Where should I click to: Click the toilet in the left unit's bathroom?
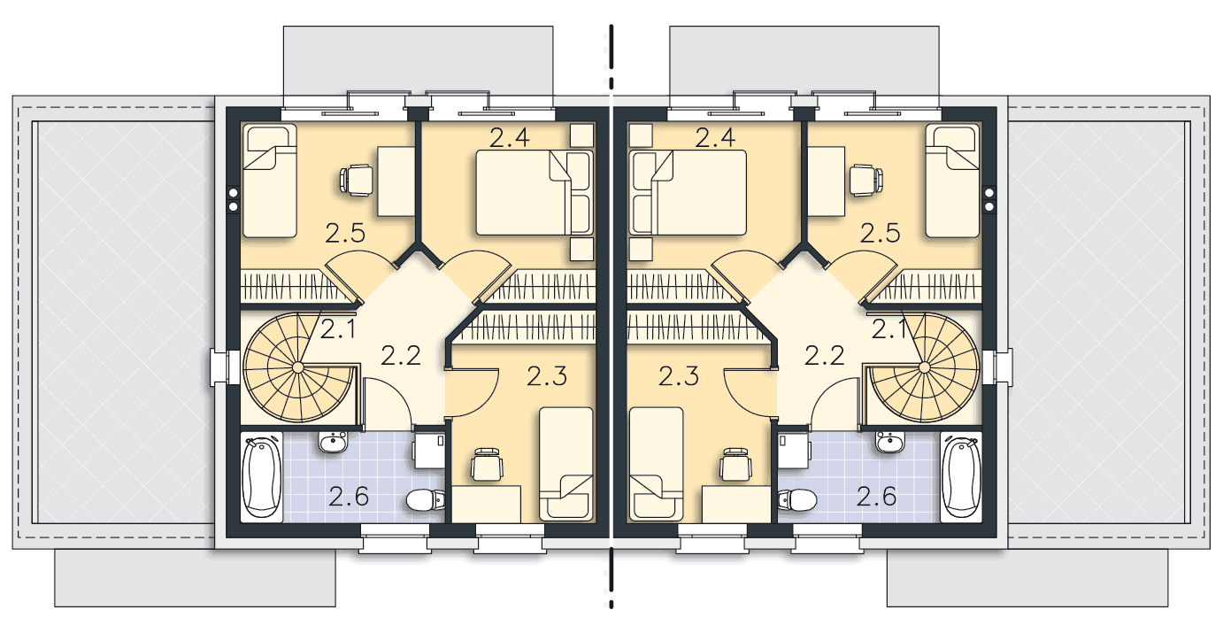click(426, 499)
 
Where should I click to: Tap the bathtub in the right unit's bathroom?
click(961, 476)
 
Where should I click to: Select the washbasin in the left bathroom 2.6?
click(333, 442)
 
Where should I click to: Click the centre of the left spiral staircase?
click(298, 367)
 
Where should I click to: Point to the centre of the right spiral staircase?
click(924, 367)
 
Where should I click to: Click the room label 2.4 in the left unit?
click(510, 137)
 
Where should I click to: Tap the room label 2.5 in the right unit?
click(881, 234)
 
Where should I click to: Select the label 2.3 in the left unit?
click(547, 376)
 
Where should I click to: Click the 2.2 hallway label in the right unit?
click(825, 356)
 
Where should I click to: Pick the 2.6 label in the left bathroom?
click(349, 498)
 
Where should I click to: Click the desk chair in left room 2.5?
click(356, 180)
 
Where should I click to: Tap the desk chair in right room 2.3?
click(735, 465)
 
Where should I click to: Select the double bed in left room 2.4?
click(535, 193)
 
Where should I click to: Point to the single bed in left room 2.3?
click(566, 464)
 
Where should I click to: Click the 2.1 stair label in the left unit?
click(338, 329)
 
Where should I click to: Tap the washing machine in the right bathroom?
click(793, 451)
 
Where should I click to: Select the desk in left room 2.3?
click(486, 504)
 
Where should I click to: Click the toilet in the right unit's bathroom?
click(797, 499)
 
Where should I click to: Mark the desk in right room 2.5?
click(827, 181)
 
